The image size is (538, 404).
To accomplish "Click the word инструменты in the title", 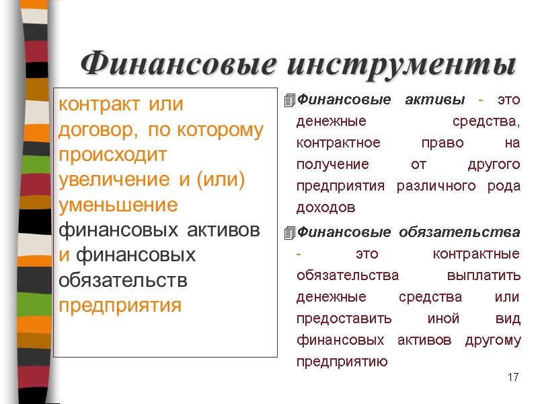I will click(x=401, y=65).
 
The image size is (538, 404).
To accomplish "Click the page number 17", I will click(x=514, y=377).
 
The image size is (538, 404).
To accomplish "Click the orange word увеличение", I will click(x=116, y=180).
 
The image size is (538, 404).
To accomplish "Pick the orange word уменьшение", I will click(x=118, y=205).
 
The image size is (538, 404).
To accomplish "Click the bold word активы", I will click(x=435, y=100).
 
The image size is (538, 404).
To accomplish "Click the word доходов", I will click(x=325, y=208).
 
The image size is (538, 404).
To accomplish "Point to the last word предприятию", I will click(x=342, y=362).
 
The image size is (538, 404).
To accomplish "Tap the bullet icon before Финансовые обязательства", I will click(x=290, y=233).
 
